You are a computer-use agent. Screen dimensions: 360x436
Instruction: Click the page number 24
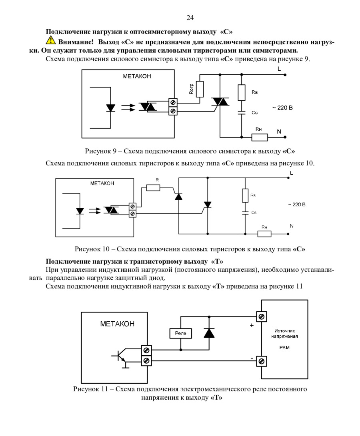coord(190,18)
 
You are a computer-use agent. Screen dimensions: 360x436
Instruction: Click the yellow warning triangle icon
coord(51,40)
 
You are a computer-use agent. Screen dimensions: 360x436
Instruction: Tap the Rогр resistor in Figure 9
coord(200,89)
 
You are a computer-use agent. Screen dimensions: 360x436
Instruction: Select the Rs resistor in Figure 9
coord(241,93)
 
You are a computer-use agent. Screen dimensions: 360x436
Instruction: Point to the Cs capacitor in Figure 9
coord(241,113)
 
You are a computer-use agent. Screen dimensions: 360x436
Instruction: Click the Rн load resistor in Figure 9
coord(260,137)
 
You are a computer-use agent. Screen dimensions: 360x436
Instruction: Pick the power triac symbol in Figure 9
coord(220,102)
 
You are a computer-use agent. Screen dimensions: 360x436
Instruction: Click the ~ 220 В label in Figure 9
coord(282,108)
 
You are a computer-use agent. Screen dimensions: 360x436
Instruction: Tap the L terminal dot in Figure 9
coord(285,75)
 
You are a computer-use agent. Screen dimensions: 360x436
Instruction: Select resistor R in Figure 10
coord(153,188)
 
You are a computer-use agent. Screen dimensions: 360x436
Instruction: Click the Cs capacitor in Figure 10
coord(245,213)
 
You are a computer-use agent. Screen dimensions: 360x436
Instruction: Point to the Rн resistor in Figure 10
coord(264,234)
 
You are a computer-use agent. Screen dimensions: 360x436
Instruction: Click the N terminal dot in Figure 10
coord(288,234)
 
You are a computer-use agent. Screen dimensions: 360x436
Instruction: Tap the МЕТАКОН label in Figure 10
coord(102,183)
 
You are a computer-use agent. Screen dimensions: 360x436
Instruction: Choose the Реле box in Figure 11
coord(181,333)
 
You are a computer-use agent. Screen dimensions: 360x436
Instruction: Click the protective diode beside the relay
coord(209,333)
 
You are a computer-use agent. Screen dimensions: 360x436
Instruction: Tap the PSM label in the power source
coord(284,348)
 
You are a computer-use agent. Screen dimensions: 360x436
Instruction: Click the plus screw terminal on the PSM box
coord(262,317)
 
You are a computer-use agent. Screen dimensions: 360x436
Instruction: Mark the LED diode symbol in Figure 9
coord(111,108)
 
